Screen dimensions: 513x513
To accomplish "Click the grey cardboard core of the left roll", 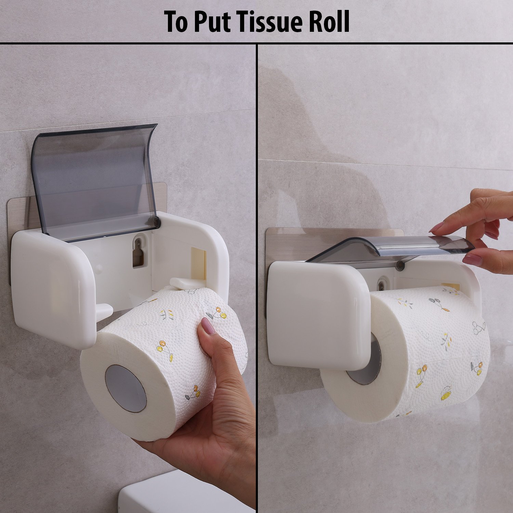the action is [x=126, y=388].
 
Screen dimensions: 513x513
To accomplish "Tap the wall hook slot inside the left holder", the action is [x=138, y=252].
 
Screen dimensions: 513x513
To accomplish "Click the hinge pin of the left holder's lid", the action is [x=156, y=223].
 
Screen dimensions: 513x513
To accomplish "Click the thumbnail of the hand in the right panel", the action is [x=472, y=260].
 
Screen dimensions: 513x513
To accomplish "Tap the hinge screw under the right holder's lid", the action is [x=399, y=264].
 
